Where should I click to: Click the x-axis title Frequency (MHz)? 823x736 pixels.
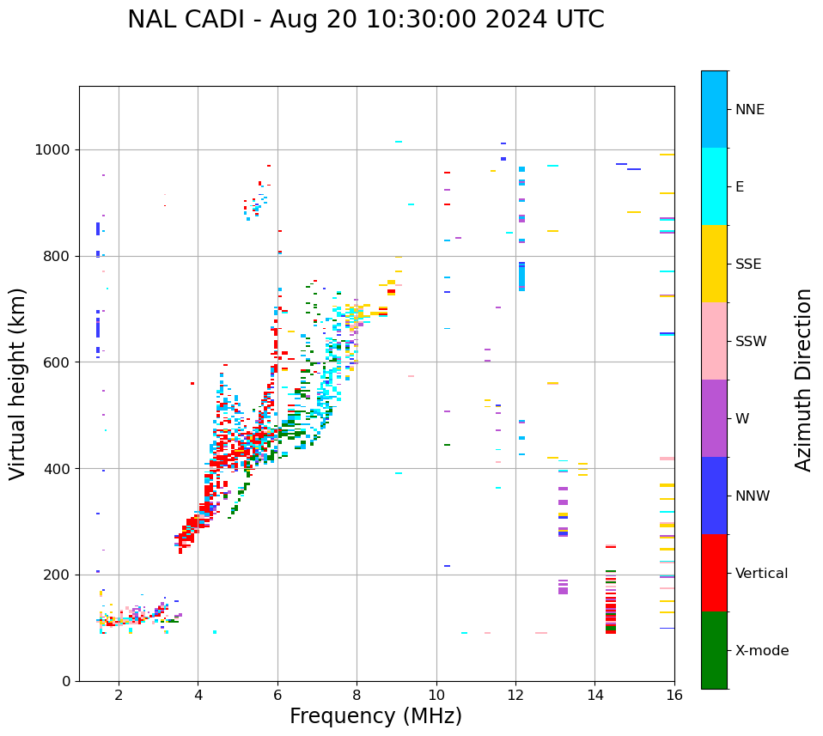click(375, 716)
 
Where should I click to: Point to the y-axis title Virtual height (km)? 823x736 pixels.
click(18, 383)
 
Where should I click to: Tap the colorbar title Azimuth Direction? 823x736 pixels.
click(803, 380)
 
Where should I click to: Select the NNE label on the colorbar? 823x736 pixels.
click(749, 110)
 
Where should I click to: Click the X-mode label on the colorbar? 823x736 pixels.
click(761, 651)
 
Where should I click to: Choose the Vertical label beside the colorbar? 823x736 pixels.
click(761, 574)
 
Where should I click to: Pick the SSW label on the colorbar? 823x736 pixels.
click(750, 342)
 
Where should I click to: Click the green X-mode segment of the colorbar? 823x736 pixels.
click(714, 650)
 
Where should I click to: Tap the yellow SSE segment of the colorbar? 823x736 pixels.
click(714, 264)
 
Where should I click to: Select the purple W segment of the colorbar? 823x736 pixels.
click(714, 418)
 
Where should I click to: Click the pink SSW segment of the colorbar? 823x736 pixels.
click(714, 341)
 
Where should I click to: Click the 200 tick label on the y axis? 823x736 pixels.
click(58, 575)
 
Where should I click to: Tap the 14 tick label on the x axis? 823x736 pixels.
click(594, 695)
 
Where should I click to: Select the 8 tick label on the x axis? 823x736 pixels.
click(357, 695)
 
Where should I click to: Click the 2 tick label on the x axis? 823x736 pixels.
click(119, 695)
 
